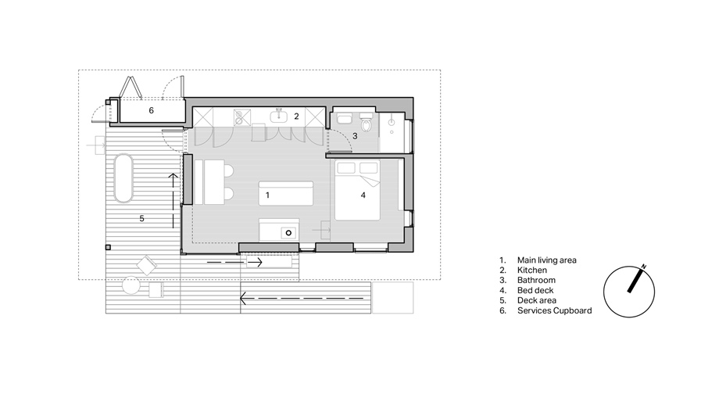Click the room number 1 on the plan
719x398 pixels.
click(x=267, y=195)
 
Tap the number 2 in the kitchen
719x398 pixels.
click(x=296, y=117)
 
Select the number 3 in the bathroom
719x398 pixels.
click(x=355, y=136)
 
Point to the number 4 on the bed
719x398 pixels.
click(x=363, y=195)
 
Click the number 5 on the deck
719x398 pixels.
click(x=141, y=219)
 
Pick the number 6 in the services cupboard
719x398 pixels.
click(x=152, y=110)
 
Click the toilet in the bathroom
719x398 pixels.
click(x=367, y=122)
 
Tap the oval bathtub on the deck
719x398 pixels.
click(x=123, y=178)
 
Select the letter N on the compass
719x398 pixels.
click(x=644, y=267)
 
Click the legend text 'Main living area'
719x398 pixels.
click(x=546, y=260)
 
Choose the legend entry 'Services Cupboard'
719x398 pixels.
click(x=554, y=311)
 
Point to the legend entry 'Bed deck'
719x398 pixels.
click(x=535, y=291)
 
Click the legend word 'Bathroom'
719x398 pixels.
click(x=536, y=280)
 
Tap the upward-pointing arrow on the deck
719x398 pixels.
click(x=173, y=201)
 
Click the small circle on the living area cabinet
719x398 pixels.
click(x=288, y=233)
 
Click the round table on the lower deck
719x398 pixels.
click(x=131, y=285)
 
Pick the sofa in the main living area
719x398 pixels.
click(x=286, y=193)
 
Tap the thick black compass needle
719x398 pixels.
click(x=634, y=280)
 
